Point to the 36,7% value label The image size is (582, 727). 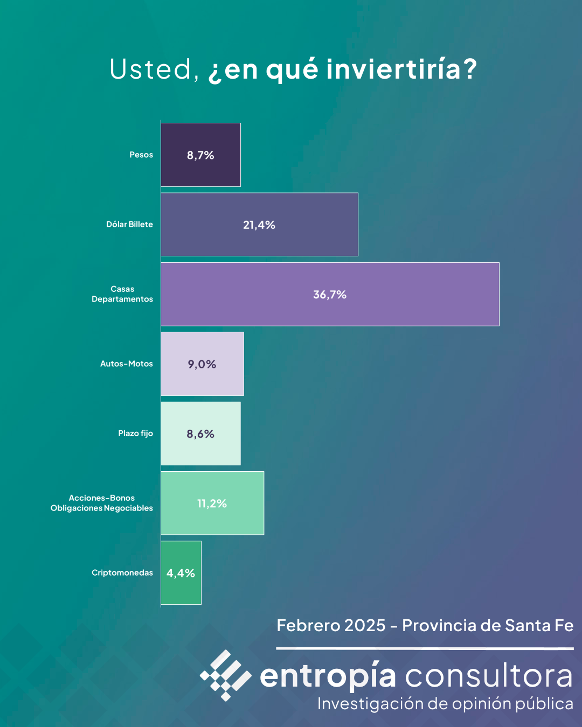(x=330, y=295)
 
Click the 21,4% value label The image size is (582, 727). (x=259, y=225)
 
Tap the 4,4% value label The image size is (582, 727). (x=181, y=574)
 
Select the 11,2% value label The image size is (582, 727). (x=212, y=504)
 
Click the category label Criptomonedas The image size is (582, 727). (x=122, y=572)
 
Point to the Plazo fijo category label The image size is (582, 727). (x=136, y=434)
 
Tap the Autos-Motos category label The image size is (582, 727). (x=127, y=364)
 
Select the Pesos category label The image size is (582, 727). (x=141, y=155)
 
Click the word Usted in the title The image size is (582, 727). (x=151, y=69)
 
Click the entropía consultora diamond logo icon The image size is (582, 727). (x=226, y=675)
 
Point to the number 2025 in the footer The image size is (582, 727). (x=365, y=626)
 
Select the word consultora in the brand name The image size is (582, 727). (x=489, y=676)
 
